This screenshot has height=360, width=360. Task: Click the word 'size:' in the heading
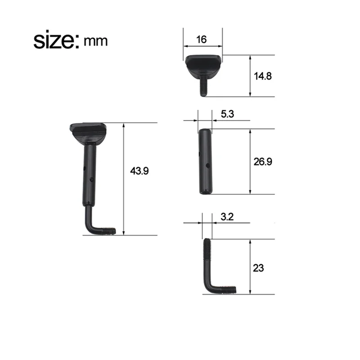coord(56,41)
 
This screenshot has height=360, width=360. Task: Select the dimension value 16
coord(202,40)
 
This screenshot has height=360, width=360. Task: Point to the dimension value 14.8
coord(263,76)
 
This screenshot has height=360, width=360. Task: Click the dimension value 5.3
coord(227,114)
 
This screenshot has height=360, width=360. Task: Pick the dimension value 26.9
coord(262,161)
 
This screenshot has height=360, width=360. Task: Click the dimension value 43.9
coord(139,171)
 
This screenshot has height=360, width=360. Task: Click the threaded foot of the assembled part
coord(108,231)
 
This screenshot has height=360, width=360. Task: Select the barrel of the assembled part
coord(90,173)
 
